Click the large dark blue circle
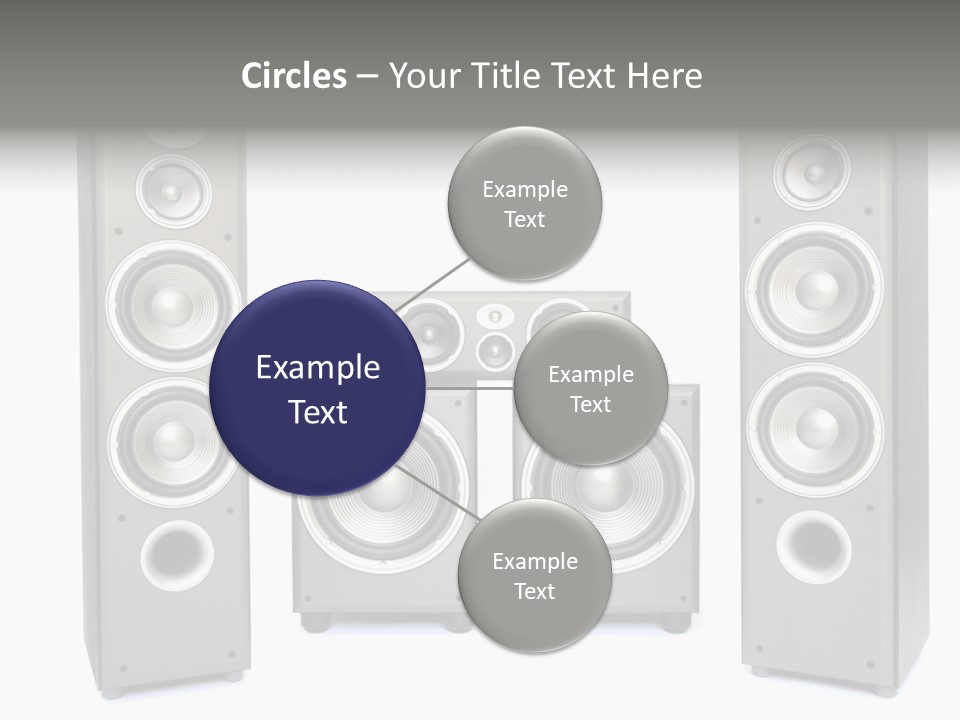pos(317,388)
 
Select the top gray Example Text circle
pos(524,204)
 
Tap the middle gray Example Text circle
pos(590,388)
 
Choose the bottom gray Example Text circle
pos(534,576)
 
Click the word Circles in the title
pos(293,76)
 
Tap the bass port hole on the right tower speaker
pos(814,548)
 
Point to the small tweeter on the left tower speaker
pos(173,191)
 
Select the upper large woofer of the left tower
pos(173,300)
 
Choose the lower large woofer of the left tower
pos(173,440)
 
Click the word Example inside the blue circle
pos(317,368)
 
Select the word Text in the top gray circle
pos(524,220)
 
